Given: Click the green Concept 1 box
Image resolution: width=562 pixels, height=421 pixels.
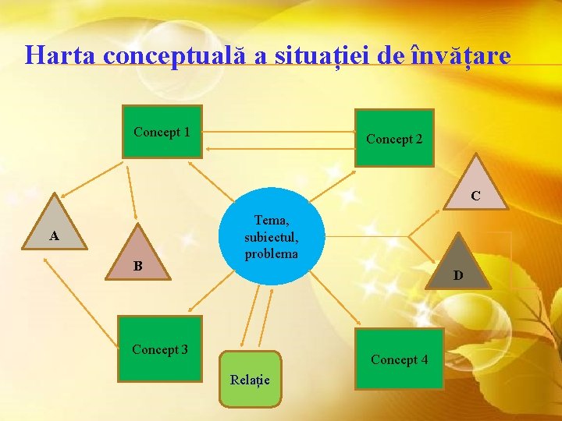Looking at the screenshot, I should coord(163,132).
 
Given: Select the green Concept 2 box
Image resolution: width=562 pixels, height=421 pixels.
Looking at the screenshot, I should coord(394,138).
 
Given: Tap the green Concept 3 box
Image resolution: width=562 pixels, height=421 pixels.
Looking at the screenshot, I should coord(160,348).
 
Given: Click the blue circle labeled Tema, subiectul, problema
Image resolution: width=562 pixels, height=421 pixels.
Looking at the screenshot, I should coord(271,237).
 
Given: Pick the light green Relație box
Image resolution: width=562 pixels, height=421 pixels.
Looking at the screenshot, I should coord(250,380).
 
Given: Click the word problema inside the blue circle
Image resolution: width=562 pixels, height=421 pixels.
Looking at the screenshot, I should coord(271,253).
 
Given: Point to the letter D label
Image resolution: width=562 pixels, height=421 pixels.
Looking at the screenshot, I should coord(458,275).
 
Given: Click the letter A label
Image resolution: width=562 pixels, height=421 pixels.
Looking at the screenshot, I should coord(53,235).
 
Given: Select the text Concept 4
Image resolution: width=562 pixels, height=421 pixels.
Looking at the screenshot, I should coord(399,359).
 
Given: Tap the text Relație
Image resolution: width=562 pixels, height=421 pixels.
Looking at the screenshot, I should coord(250,380).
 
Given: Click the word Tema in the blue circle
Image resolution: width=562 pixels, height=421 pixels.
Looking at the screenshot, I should coord(271,221).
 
